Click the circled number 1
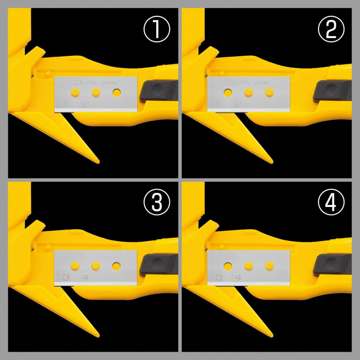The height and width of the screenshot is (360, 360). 157,30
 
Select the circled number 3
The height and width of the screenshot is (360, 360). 157,204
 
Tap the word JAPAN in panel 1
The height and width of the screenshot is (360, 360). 108,82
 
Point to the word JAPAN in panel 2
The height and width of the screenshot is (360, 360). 261,82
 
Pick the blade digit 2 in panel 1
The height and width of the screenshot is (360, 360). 85,104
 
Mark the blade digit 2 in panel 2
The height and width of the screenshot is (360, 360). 238,104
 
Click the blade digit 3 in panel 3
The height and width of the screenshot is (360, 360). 66,278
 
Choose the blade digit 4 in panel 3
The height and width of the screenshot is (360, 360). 85,278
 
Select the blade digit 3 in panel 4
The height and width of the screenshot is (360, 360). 219,278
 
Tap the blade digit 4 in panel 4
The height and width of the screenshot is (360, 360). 238,278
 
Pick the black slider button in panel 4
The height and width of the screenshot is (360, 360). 331,265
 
